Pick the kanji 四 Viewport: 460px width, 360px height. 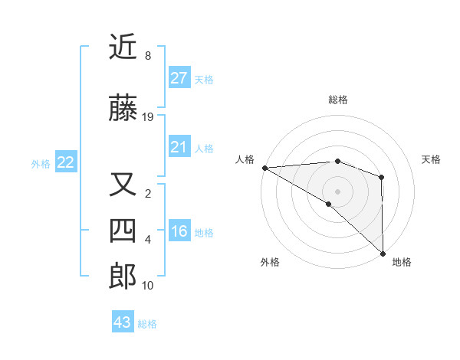123,229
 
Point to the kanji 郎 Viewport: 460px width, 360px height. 123,276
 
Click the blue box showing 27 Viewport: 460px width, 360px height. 179,77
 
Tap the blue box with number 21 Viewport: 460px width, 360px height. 179,147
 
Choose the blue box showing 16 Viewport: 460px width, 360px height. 179,231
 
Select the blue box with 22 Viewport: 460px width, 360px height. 66,162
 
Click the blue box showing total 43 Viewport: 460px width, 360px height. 123,322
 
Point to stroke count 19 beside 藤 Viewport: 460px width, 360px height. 148,117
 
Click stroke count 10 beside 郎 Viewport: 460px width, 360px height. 148,286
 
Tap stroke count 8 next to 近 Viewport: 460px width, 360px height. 148,56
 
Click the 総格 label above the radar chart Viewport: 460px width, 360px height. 338,100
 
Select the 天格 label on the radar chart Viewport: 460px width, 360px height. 432,159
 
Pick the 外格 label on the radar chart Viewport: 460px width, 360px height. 270,262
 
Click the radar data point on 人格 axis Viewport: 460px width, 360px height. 264,167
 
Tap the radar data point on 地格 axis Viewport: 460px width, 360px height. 382,253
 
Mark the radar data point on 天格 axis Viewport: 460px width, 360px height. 381,177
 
